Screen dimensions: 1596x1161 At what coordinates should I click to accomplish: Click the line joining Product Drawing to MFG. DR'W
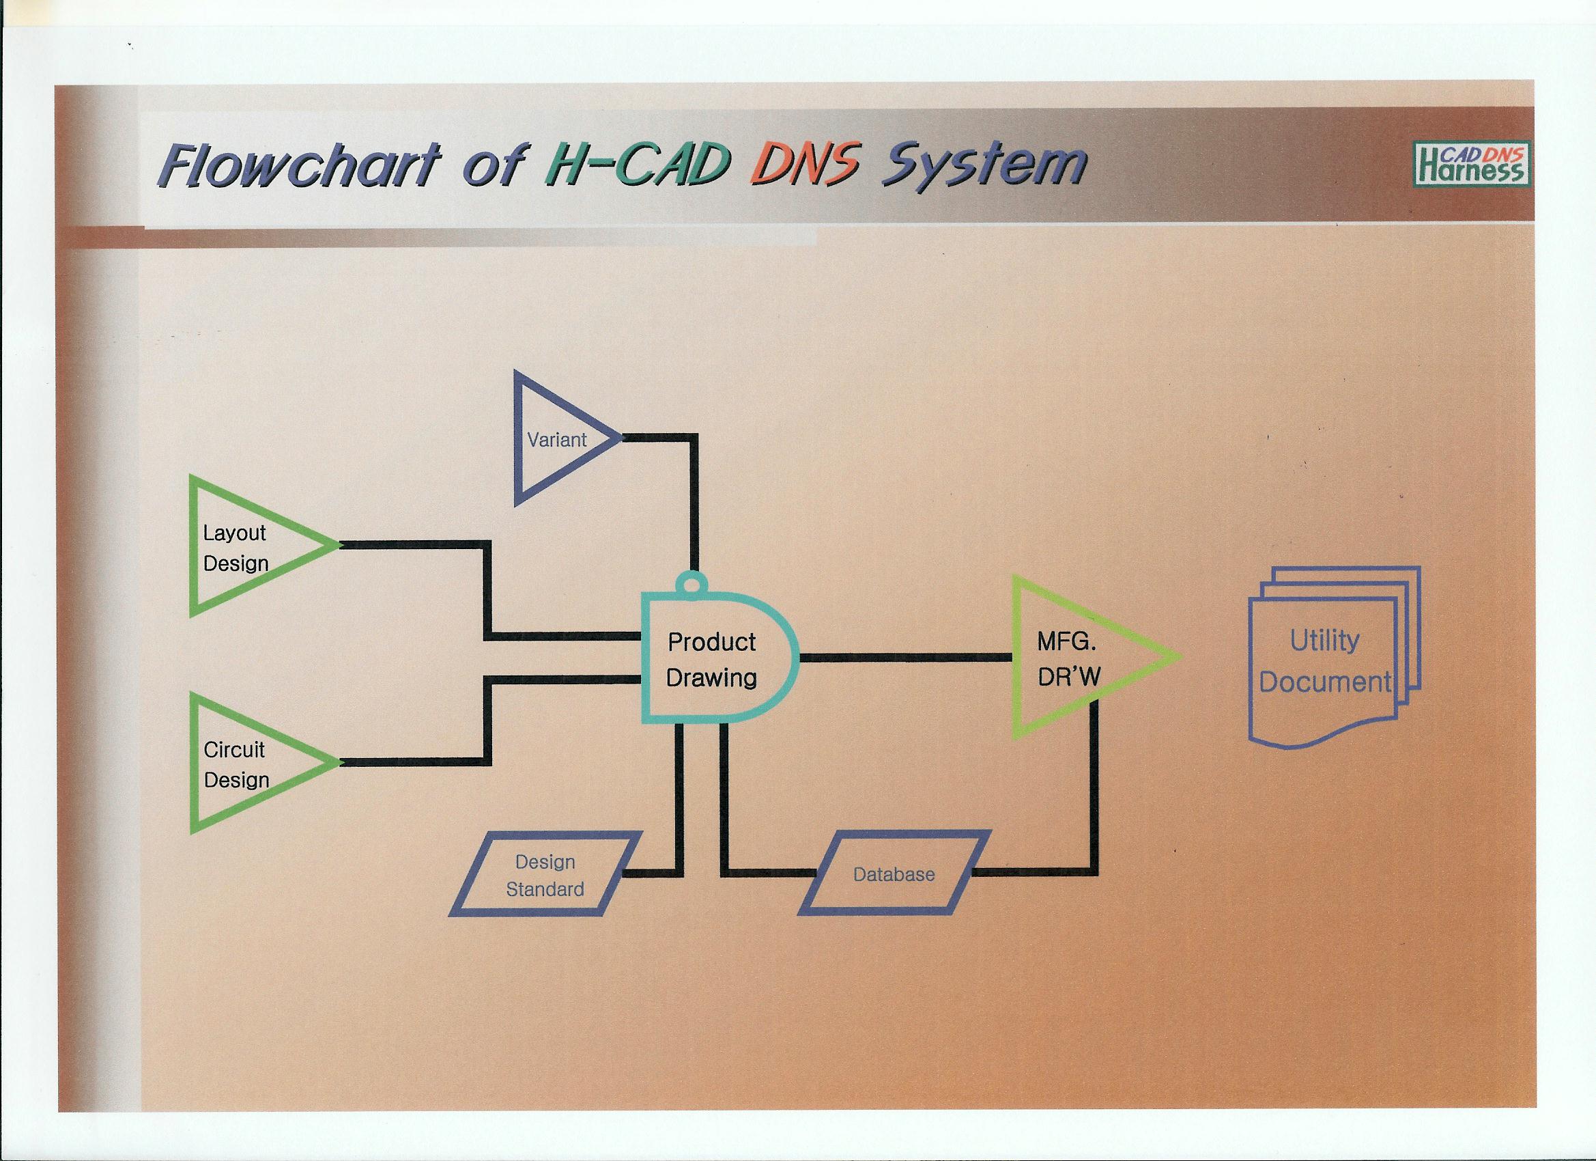tap(906, 658)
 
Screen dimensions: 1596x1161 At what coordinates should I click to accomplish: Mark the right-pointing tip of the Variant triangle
tap(623, 438)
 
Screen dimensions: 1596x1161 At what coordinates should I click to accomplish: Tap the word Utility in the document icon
tap(1324, 641)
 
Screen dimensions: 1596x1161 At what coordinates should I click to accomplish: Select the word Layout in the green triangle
tap(234, 533)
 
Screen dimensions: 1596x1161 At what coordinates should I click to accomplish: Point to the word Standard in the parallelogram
tap(545, 889)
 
